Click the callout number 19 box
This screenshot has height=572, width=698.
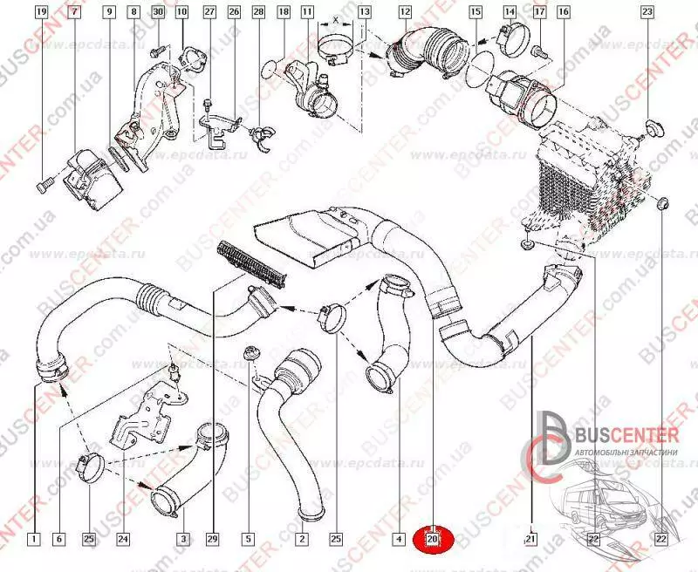click(42, 13)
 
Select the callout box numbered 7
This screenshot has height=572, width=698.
click(74, 13)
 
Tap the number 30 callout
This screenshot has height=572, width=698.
click(157, 13)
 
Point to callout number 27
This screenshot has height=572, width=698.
click(209, 13)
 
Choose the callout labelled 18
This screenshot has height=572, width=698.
click(284, 13)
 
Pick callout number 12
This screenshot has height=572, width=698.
click(405, 13)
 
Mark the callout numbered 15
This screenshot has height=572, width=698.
click(475, 13)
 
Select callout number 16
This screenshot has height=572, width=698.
click(563, 13)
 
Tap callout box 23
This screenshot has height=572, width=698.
click(647, 13)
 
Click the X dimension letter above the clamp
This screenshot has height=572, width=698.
click(336, 18)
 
